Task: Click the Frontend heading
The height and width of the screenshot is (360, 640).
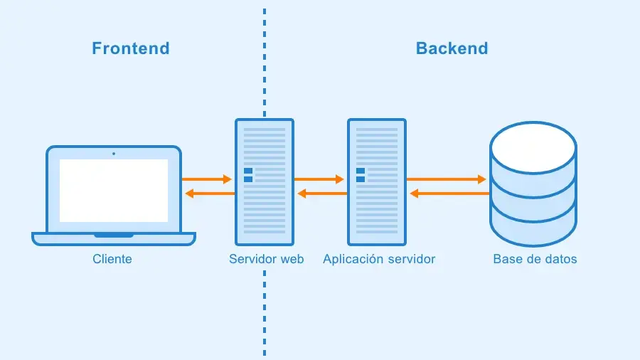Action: (x=131, y=48)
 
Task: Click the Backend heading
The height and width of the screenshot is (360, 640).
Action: (x=452, y=48)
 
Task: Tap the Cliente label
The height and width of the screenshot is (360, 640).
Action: (x=112, y=259)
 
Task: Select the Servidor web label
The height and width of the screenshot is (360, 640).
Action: (x=266, y=259)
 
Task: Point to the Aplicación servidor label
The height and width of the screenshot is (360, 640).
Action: (x=378, y=259)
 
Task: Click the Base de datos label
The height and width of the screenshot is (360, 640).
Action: (x=535, y=259)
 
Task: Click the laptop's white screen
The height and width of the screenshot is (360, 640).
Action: (x=114, y=190)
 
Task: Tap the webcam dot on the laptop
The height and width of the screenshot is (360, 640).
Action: (x=114, y=153)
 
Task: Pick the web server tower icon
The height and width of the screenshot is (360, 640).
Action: (x=265, y=182)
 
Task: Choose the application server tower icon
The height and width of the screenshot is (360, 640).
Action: (x=377, y=182)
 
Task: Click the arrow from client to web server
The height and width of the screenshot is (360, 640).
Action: (x=208, y=179)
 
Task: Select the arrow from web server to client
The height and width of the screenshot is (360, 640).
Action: (x=209, y=194)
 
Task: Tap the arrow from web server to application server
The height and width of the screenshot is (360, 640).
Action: (x=319, y=179)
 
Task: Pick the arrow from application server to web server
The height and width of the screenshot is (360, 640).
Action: (x=321, y=194)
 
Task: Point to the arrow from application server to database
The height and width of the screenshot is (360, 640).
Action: (x=447, y=179)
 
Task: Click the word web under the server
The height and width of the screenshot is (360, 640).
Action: (x=292, y=259)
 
